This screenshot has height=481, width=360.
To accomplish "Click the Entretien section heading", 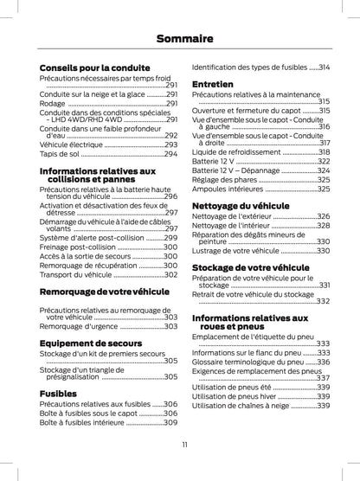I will (213, 83).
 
